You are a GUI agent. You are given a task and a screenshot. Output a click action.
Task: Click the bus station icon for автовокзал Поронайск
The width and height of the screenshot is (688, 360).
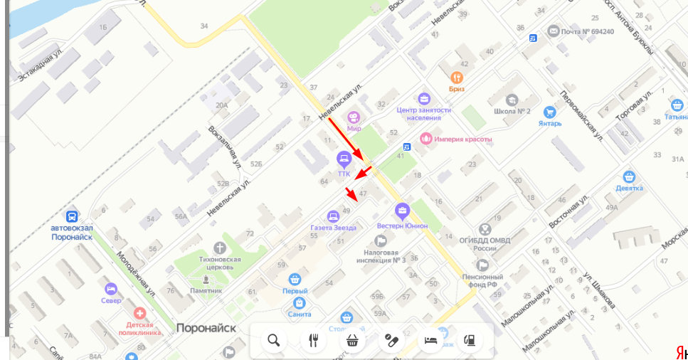[x=71, y=216]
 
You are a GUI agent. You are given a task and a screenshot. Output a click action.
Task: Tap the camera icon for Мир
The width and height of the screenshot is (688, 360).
[x=354, y=117]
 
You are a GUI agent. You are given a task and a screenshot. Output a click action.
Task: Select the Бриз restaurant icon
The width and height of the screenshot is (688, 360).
[x=457, y=77]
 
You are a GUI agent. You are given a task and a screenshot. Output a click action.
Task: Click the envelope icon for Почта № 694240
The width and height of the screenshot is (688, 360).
[x=554, y=31]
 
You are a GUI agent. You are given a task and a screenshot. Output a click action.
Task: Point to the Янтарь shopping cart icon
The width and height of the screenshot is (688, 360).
[x=549, y=112]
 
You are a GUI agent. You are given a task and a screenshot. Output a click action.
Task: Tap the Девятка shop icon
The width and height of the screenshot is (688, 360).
[x=629, y=176]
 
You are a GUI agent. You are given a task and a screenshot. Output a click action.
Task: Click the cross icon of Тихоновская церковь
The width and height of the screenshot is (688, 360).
[x=220, y=248]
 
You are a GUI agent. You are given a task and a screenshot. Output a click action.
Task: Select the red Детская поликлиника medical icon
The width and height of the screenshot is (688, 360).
[x=140, y=312]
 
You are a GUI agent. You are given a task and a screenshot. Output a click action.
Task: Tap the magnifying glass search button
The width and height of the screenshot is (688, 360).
[x=274, y=340]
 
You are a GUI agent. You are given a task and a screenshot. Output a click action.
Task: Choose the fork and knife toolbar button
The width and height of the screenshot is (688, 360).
[x=313, y=340]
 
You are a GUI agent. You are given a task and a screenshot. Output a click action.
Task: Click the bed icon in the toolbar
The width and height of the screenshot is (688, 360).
[x=430, y=340]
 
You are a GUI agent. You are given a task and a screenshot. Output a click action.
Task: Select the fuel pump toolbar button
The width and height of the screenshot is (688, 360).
[x=468, y=340]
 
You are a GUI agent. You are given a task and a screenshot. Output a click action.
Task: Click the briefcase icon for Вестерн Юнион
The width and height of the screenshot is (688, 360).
[x=402, y=211]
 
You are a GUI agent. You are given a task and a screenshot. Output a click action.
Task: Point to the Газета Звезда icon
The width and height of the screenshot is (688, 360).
[x=333, y=216]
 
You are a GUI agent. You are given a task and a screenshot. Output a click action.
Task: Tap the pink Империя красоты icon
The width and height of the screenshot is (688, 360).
[x=425, y=139]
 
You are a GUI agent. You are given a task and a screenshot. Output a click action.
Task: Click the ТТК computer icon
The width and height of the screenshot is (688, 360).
[x=344, y=158]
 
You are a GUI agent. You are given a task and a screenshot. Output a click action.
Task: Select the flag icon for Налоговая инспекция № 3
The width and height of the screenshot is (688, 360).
[x=382, y=240]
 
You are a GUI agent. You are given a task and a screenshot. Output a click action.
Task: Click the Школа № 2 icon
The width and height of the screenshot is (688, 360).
[x=512, y=100]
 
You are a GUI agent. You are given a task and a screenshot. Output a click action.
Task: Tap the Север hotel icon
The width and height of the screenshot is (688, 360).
[x=110, y=288]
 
